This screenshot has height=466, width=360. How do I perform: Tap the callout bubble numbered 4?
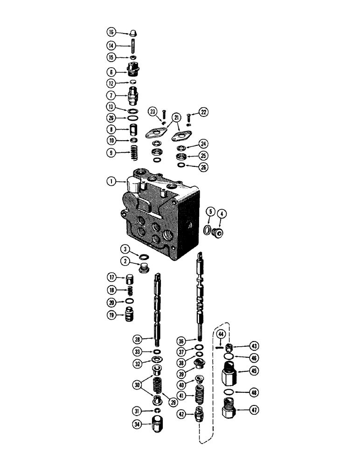222,213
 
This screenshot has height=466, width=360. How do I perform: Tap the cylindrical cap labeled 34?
159,425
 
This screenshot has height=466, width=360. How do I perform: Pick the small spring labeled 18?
131,290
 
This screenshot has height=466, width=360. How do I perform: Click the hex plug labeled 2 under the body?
145,267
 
